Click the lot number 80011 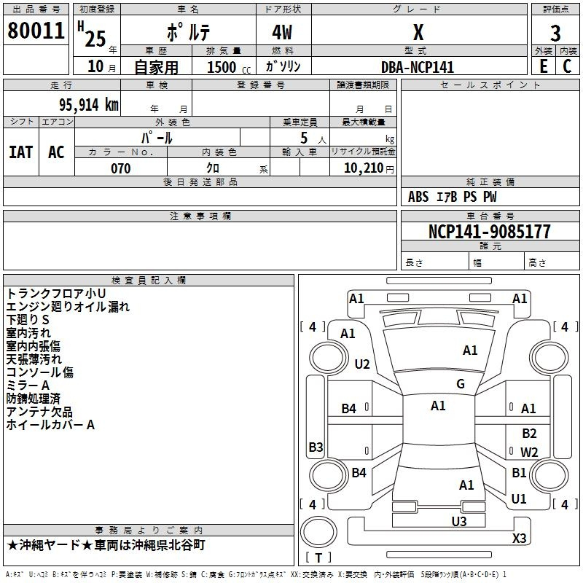[36, 31]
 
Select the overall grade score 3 [555, 34]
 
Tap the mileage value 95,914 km [88, 105]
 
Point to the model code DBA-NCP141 [418, 67]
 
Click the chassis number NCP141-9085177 [489, 231]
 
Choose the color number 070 [121, 168]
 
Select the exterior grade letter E [543, 66]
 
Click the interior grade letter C [568, 66]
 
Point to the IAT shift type [21, 152]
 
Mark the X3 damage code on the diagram [519, 538]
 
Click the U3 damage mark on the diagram [459, 521]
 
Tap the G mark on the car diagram [461, 383]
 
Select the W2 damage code [529, 452]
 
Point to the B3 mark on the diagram [316, 447]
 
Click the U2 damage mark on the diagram [361, 364]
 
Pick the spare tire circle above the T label [318, 531]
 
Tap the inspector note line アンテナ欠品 [39, 412]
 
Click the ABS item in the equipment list [418, 197]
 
